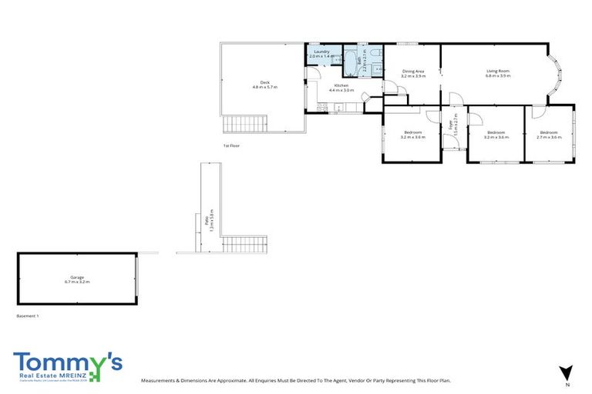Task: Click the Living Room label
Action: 497,71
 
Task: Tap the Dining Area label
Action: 413,72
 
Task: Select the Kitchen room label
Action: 341,85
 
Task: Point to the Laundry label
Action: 321,52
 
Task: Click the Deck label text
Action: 264,82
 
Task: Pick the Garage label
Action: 77,277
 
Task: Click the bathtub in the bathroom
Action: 349,62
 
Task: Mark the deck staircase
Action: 244,124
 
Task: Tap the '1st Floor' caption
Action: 231,145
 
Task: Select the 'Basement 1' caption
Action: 27,316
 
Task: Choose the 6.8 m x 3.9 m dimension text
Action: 497,76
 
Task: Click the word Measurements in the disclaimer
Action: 159,380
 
